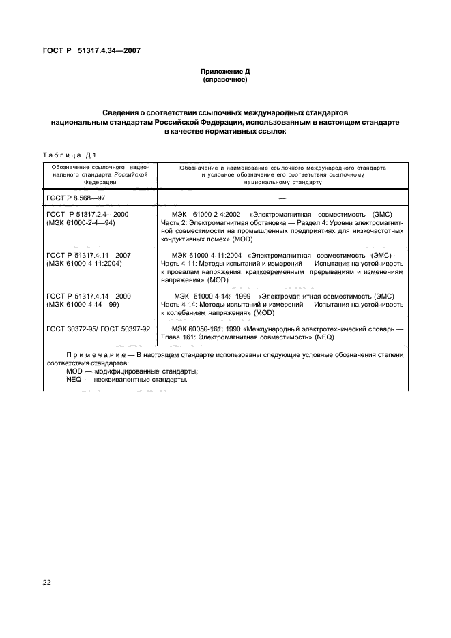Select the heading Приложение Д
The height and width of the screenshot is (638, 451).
[224, 72]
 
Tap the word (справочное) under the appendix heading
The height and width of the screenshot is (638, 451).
[224, 80]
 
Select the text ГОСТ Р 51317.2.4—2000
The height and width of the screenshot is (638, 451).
[87, 214]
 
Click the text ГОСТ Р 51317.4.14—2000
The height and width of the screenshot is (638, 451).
[89, 296]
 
